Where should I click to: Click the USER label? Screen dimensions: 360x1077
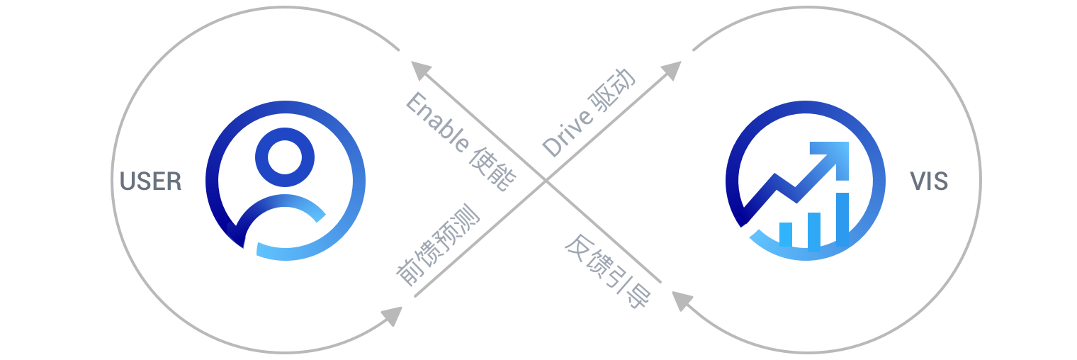pos(151,181)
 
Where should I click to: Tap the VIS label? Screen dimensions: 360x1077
pos(929,181)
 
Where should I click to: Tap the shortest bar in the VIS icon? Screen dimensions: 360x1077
pos(785,235)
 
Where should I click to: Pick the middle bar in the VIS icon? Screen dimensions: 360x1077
pos(814,231)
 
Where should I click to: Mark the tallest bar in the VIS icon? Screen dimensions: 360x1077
pos(842,220)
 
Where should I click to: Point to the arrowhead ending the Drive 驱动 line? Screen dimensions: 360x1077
pos(670,70)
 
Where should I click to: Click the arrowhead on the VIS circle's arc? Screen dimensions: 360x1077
pos(682,300)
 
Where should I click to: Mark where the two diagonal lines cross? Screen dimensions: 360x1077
pos(546,181)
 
